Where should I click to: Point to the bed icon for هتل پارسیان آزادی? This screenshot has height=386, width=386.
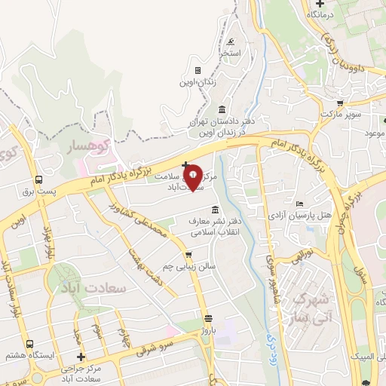click(x=300, y=204)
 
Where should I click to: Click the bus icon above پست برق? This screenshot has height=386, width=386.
click(x=38, y=179)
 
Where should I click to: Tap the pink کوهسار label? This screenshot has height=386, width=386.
click(x=84, y=143)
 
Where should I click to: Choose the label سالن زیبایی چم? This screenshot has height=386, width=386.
click(x=191, y=266)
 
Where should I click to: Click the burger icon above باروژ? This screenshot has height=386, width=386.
click(x=209, y=317)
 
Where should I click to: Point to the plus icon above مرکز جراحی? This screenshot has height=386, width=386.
click(x=81, y=357)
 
